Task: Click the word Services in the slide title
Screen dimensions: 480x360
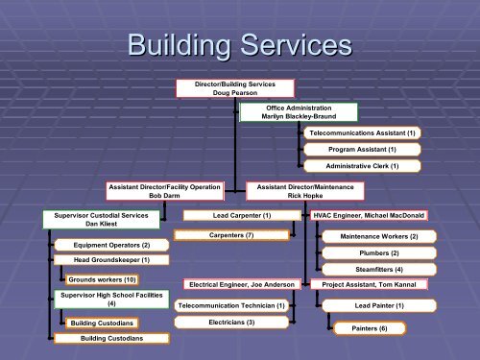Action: click(x=287, y=45)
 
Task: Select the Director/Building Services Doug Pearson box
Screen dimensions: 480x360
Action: click(x=221, y=88)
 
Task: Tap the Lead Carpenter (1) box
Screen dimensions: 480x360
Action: click(x=231, y=216)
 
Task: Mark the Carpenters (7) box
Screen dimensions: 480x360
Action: click(x=230, y=235)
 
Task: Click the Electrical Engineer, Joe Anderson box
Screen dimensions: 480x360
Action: click(x=242, y=285)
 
